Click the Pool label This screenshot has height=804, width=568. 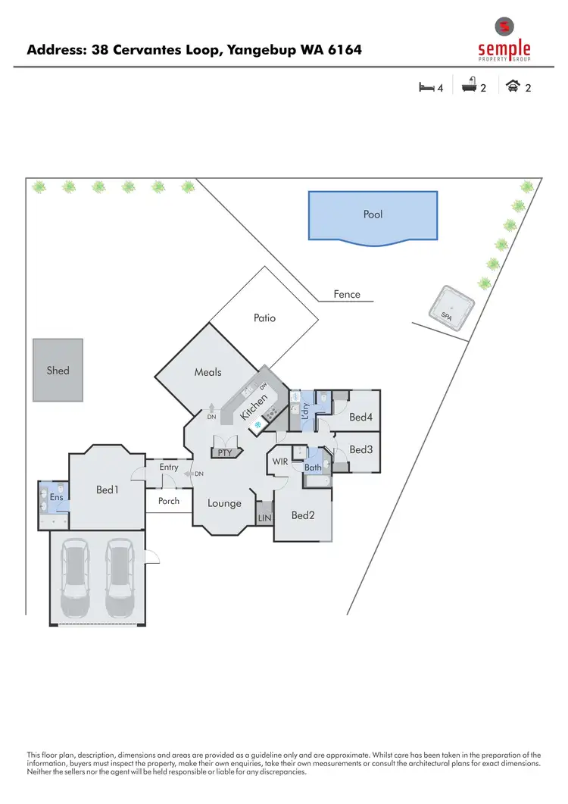(373, 214)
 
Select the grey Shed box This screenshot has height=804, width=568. (58, 370)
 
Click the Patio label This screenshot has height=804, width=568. (264, 318)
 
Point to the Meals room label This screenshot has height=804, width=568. (208, 372)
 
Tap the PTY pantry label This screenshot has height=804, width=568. (224, 452)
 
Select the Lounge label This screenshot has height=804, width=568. (224, 503)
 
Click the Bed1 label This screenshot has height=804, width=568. (107, 490)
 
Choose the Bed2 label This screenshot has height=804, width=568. (303, 515)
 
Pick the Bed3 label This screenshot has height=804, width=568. (360, 449)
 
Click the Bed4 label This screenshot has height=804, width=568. (360, 417)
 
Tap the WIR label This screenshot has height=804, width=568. (279, 461)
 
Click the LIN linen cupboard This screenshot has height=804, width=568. (264, 517)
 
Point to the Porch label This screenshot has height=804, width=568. (169, 501)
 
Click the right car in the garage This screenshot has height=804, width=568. (120, 577)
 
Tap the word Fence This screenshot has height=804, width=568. (347, 294)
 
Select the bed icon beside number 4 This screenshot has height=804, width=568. (426, 87)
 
